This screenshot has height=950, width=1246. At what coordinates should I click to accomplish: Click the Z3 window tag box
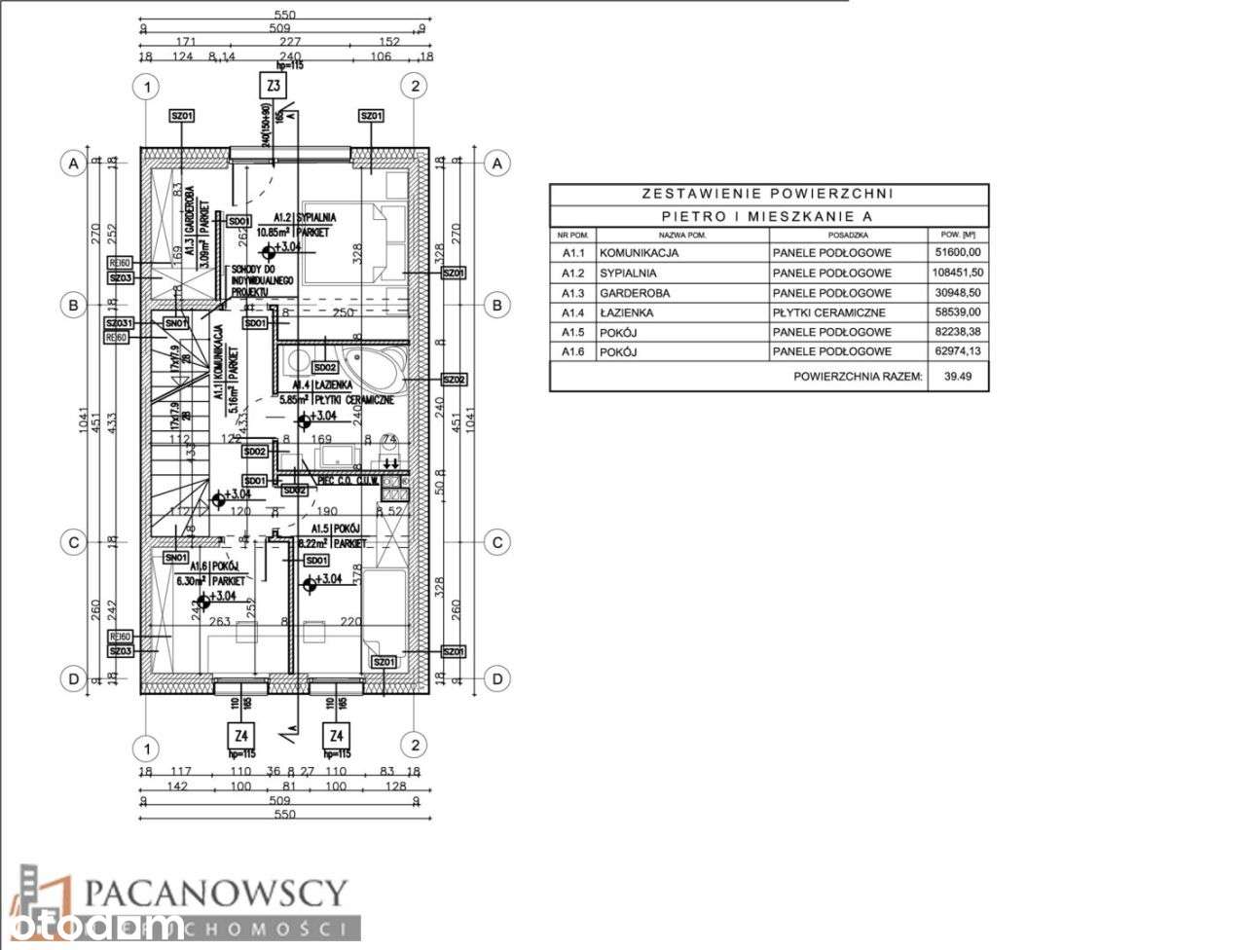pyautogui.click(x=275, y=87)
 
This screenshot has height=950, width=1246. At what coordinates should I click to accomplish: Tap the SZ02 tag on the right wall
pyautogui.click(x=454, y=379)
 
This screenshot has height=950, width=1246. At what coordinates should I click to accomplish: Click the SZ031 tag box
pyautogui.click(x=120, y=322)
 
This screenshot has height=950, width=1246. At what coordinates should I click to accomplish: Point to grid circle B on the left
pyautogui.click(x=72, y=306)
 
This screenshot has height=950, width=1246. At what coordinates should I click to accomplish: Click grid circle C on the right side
pyautogui.click(x=496, y=542)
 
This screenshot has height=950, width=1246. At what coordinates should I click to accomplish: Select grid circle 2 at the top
pyautogui.click(x=415, y=87)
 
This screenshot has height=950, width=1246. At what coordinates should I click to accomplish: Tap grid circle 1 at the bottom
pyautogui.click(x=146, y=748)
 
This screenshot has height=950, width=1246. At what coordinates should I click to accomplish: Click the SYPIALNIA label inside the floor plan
pyautogui.click(x=318, y=217)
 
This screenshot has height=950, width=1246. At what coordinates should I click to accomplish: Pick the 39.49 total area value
pyautogui.click(x=957, y=376)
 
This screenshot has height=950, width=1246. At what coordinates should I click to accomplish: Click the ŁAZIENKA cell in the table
pyautogui.click(x=628, y=312)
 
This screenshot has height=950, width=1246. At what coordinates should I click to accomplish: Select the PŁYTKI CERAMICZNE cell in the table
pyautogui.click(x=828, y=312)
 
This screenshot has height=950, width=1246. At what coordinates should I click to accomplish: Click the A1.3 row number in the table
pyautogui.click(x=573, y=293)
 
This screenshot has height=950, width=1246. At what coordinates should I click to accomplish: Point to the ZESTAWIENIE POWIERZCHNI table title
pyautogui.click(x=769, y=194)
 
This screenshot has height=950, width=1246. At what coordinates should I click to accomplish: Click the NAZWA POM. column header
pyautogui.click(x=680, y=235)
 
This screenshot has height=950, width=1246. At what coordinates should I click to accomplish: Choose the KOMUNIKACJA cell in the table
pyautogui.click(x=640, y=253)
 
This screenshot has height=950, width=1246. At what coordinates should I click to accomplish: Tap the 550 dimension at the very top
pyautogui.click(x=284, y=16)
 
